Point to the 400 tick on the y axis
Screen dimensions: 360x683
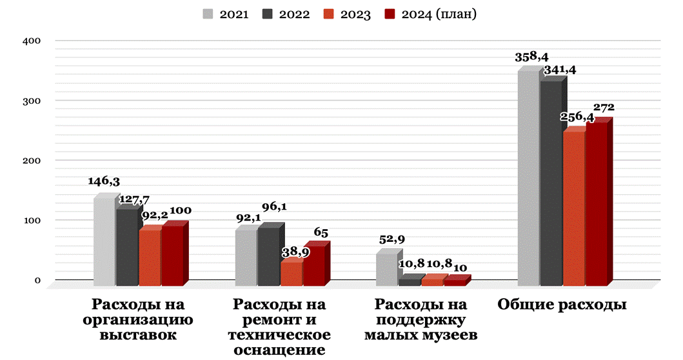click(33, 41)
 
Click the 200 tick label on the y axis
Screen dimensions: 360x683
click(33, 161)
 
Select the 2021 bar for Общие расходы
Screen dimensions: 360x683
click(528, 177)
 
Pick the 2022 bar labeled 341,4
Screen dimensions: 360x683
click(551, 184)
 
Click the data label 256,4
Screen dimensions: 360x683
click(578, 117)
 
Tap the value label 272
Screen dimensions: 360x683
click(604, 107)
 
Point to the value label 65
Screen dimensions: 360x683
click(321, 232)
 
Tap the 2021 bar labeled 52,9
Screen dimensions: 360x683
click(386, 269)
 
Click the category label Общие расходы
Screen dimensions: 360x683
click(562, 305)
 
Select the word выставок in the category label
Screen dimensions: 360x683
click(138, 335)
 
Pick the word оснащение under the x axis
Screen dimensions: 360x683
click(279, 350)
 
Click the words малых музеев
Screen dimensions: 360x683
click(420, 335)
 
